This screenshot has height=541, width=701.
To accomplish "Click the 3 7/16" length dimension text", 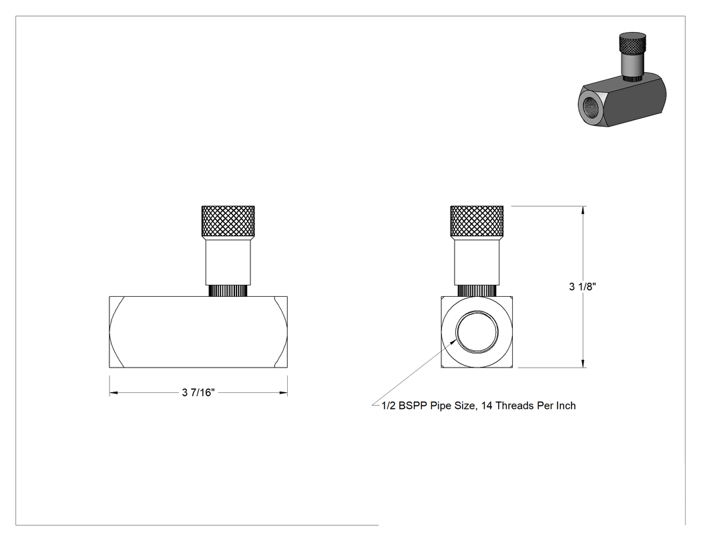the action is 198,393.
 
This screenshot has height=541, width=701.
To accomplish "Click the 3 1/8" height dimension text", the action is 582,287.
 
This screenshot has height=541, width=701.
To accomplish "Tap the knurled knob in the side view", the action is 228,221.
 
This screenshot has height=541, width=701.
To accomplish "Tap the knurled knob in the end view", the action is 477,221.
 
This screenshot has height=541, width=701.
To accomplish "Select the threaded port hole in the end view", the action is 477,332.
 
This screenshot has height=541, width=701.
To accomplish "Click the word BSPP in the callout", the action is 413,406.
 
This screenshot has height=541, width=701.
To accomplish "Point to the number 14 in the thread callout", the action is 487,406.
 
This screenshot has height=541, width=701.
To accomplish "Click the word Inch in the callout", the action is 565,406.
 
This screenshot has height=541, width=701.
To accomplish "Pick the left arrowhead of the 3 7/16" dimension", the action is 113,393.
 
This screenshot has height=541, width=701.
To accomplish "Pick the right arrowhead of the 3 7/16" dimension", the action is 284,393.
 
